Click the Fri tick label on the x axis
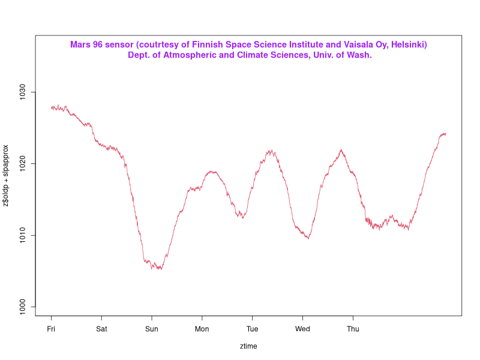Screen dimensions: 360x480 point(51,329)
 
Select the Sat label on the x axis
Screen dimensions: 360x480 point(101,329)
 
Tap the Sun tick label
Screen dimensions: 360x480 point(152,329)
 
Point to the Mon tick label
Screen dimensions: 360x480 point(202,329)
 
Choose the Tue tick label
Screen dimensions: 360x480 point(252,329)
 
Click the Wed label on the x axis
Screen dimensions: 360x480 point(302,329)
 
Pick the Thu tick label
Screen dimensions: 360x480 point(353,329)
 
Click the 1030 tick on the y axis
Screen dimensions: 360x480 point(23,92)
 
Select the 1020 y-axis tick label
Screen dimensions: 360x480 point(23,164)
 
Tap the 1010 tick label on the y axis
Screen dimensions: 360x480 point(23,235)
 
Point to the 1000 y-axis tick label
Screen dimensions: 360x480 point(23,307)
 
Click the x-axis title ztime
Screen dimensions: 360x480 point(248,346)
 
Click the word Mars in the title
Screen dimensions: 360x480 point(80,45)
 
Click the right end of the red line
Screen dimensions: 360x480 point(446,133)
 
